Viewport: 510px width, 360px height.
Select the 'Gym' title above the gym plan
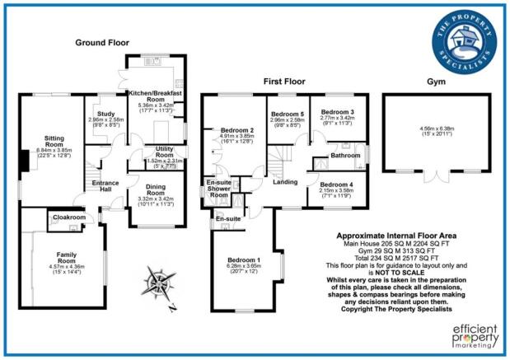click(437, 82)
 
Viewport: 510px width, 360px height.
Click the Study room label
click(105, 115)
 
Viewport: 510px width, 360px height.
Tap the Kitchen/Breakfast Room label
click(155, 97)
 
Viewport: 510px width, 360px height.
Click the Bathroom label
click(341, 154)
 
